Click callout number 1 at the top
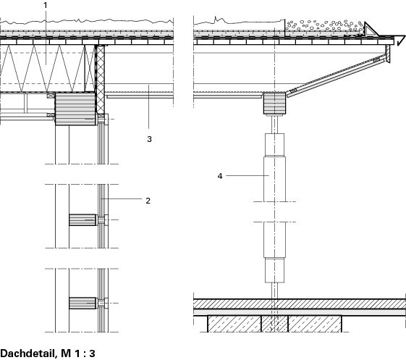pos(46,5)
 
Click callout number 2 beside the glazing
pos(148,201)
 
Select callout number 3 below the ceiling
pos(149,139)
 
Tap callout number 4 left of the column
pos(220,176)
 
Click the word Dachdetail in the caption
pos(28,353)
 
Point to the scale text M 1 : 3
pos(78,353)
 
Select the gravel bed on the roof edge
pos(324,27)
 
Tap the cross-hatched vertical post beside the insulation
pos(100,80)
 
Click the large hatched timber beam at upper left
pos(75,109)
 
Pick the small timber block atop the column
pos(274,103)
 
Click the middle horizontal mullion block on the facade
pos(83,219)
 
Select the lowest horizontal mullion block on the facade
pos(83,303)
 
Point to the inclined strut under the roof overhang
pos(336,75)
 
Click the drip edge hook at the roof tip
pos(399,41)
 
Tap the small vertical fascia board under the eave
pos(387,54)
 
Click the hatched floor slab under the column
pos(300,304)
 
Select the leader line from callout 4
pos(248,176)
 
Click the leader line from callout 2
pos(122,199)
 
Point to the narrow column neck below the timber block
pos(274,125)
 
